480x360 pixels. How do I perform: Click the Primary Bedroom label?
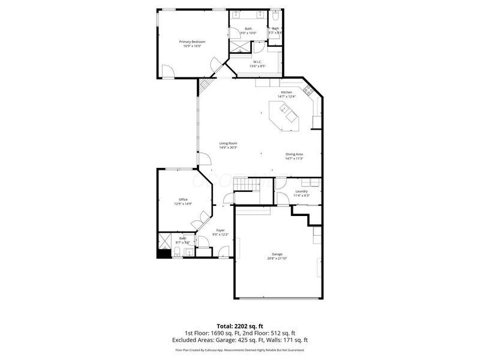click(192, 41)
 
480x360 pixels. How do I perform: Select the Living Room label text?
click(228, 143)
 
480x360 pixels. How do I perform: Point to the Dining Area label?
click(294, 154)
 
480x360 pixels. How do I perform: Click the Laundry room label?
click(301, 191)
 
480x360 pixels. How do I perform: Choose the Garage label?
click(276, 254)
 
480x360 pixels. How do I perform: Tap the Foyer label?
click(220, 230)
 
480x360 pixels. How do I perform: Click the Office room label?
click(183, 199)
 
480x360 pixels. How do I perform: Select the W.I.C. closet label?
click(257, 61)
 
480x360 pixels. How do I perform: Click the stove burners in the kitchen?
click(309, 91)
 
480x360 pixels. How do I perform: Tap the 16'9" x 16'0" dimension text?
click(192, 46)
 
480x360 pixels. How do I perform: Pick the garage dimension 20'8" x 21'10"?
click(276, 259)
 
